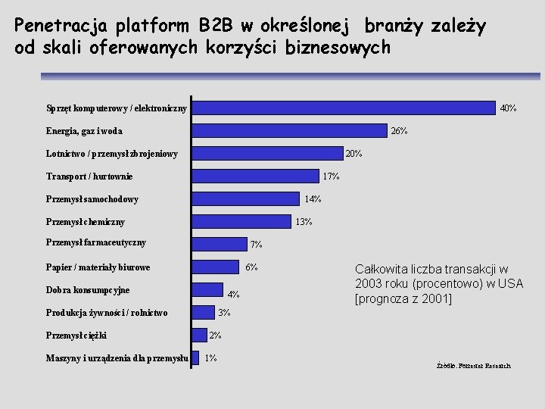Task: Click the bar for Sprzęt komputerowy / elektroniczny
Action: point(344,108)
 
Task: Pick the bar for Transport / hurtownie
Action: point(255,176)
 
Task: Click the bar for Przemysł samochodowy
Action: point(245,198)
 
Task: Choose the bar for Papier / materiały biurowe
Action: point(215,266)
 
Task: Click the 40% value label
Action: point(508,108)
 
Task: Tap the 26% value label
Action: point(399,131)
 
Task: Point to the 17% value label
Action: point(331,176)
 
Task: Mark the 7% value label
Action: point(257,245)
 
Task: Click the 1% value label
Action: point(211,358)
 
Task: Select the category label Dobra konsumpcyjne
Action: point(88,290)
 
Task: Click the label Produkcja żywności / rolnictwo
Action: point(107,313)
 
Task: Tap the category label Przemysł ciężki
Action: point(76,335)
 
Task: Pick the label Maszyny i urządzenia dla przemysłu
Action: point(117,357)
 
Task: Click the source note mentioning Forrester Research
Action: point(473,366)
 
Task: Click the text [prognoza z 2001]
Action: point(403,298)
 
